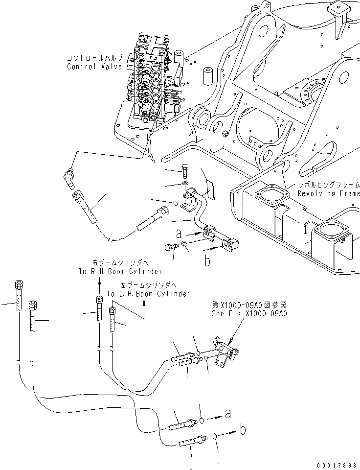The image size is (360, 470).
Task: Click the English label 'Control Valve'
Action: tap(94, 67)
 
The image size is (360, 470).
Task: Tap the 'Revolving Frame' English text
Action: tap(329, 193)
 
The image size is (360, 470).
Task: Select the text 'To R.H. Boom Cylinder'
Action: tap(120, 271)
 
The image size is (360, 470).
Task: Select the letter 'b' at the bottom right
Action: tap(243, 430)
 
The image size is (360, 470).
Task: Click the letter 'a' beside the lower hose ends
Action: tap(227, 414)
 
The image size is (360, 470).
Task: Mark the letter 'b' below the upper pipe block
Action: tap(207, 261)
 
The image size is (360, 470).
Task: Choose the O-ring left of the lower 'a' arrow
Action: tap(201, 420)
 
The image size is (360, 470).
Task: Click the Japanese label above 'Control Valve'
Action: tap(95, 57)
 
